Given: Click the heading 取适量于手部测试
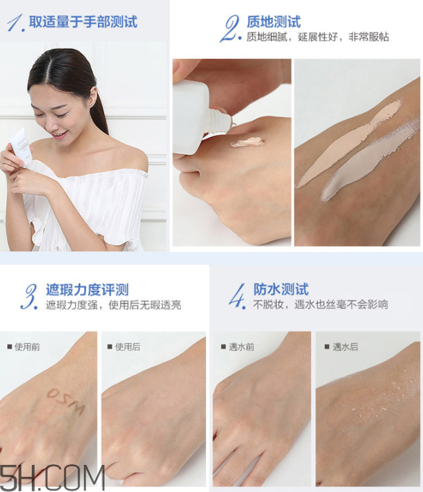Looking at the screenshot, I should point(83,22).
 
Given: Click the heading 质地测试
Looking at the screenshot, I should point(273,22).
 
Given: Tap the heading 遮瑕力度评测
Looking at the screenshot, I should point(87,290).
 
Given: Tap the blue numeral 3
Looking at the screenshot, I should point(30,296).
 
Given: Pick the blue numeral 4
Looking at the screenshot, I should point(237,296).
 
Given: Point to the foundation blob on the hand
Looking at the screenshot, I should point(247,142).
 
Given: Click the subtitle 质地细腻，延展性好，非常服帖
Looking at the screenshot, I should point(317,38).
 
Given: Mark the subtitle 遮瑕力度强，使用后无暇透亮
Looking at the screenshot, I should point(113,305).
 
